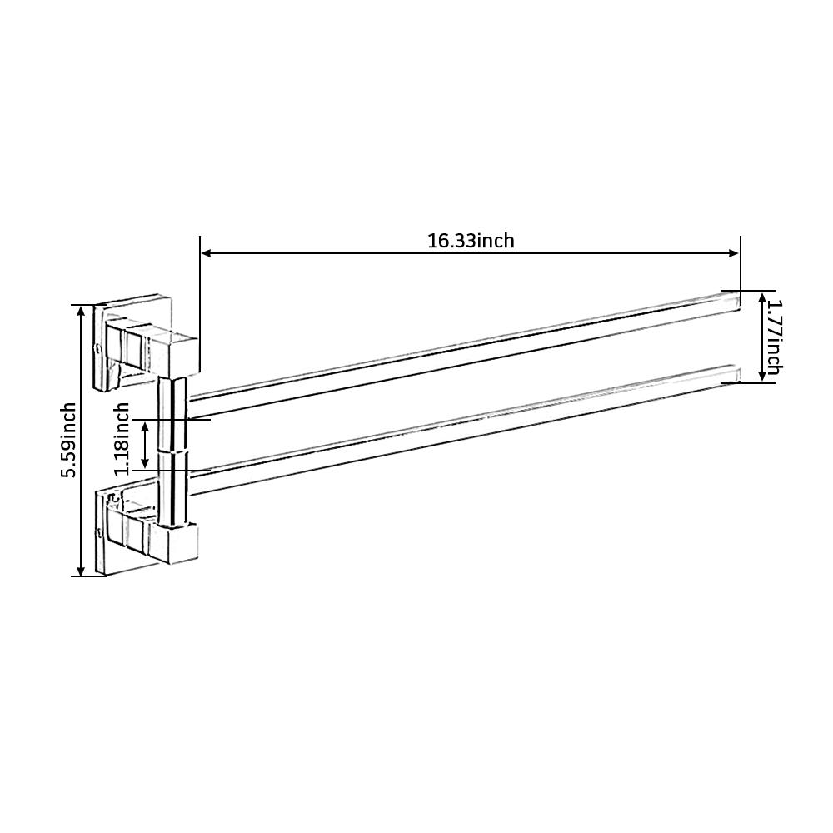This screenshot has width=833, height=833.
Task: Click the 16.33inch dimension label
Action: (x=471, y=242)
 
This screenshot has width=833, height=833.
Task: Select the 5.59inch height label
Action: (x=68, y=440)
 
